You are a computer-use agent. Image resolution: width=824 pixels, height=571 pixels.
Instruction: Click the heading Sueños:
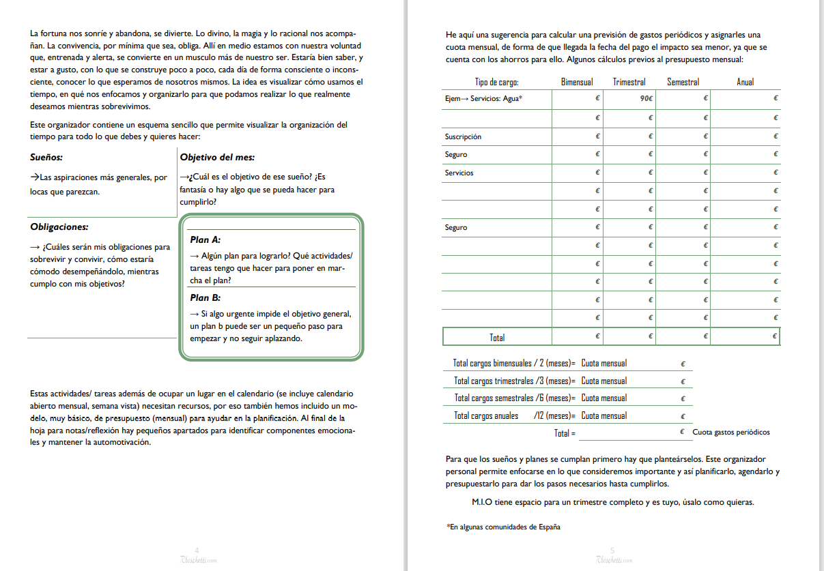(46, 158)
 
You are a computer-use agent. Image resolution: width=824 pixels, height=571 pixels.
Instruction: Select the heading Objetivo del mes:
(217, 158)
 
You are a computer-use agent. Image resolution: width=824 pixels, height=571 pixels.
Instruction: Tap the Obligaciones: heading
(59, 227)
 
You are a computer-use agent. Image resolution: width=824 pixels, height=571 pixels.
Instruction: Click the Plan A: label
(205, 240)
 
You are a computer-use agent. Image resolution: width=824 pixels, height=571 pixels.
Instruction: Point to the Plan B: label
(205, 298)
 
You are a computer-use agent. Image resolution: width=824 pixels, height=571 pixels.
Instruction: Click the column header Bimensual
(577, 82)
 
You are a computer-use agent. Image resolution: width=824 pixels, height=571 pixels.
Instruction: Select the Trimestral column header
(629, 82)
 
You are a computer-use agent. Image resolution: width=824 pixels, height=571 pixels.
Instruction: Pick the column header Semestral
(683, 82)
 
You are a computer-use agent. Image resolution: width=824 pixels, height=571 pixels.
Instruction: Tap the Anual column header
(745, 82)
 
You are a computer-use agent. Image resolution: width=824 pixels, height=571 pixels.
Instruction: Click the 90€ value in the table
(646, 99)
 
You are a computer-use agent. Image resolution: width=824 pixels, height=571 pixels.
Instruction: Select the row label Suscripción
(463, 136)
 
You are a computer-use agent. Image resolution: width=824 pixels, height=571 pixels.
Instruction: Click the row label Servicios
(459, 173)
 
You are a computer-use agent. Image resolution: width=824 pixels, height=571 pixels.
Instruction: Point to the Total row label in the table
(497, 337)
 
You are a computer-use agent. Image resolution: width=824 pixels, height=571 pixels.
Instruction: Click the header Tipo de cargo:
(496, 82)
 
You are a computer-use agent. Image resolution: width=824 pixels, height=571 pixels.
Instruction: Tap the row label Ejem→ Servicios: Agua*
(483, 99)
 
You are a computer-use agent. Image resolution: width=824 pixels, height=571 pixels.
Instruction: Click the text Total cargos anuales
(486, 415)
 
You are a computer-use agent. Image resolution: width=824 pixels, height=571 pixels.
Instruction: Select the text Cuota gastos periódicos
(730, 433)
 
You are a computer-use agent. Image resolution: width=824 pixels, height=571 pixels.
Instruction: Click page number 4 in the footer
(197, 550)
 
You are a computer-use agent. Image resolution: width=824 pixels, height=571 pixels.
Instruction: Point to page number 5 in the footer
(612, 550)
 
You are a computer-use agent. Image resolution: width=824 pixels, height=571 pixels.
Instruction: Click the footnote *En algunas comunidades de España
(503, 527)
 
